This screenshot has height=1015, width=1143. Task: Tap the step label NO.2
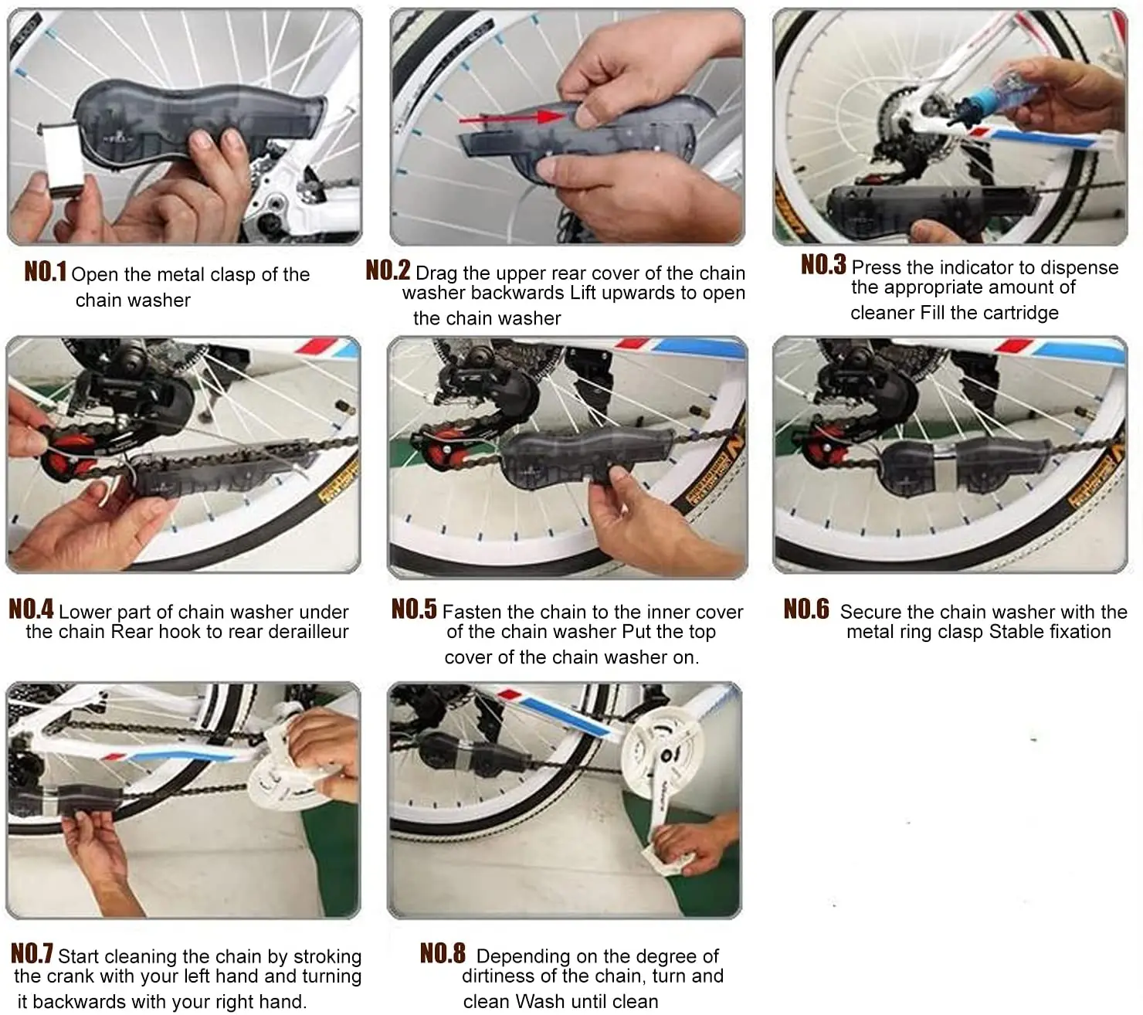(388, 270)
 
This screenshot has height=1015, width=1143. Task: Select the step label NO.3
(824, 264)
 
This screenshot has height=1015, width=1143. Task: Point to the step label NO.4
(31, 609)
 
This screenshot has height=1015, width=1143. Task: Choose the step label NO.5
(414, 609)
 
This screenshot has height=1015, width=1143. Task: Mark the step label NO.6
(806, 609)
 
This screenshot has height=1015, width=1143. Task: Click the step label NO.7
(32, 953)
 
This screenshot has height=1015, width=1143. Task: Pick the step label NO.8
(443, 953)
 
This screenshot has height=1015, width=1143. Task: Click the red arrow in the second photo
(512, 117)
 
